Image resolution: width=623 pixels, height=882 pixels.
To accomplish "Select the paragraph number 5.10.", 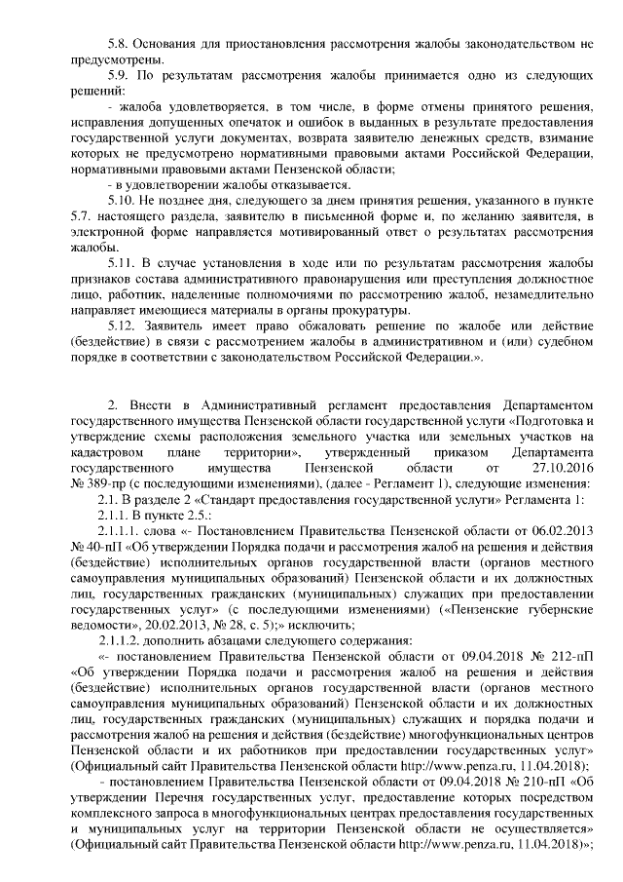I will pos(122,201).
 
